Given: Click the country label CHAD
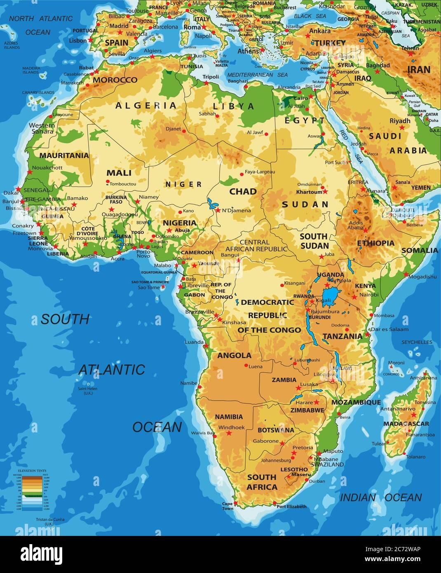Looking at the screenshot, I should [x=243, y=191].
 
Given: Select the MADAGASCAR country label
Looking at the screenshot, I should [x=406, y=423].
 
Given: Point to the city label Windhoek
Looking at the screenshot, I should [x=232, y=427].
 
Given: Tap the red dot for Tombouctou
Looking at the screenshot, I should [x=108, y=181].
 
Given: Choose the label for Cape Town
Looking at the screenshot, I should [x=228, y=506].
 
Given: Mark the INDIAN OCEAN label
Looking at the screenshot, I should [x=380, y=498].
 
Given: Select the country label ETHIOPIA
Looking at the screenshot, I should [x=375, y=243].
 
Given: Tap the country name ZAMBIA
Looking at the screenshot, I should [x=284, y=380].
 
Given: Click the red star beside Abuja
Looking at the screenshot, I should [x=169, y=230].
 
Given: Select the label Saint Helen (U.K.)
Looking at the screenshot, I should [x=89, y=390].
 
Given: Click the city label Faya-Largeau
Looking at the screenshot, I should [x=258, y=171].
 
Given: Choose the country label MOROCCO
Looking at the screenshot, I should [x=115, y=80].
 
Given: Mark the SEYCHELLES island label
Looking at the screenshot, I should [x=417, y=342].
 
